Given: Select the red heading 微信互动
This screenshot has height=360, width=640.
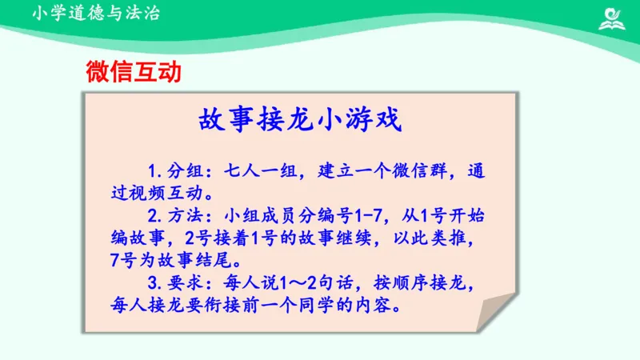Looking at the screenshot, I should coord(134,73).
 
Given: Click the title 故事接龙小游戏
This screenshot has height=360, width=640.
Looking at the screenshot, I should coord(300,121).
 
